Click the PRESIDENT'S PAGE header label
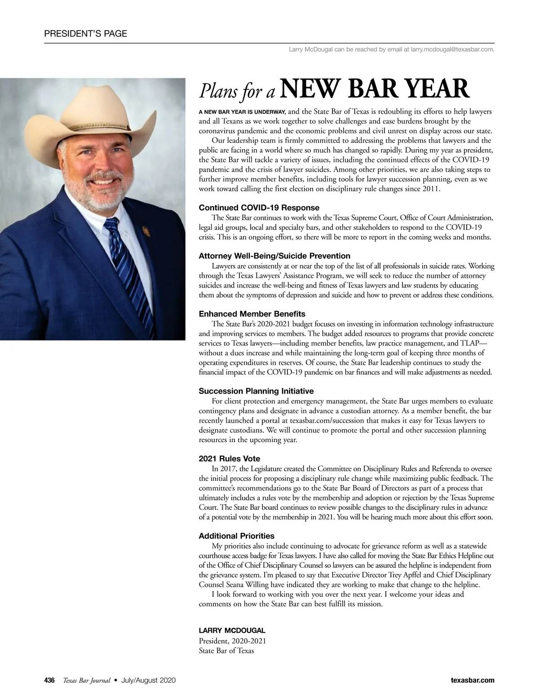(x=85, y=34)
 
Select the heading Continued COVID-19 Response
(x=259, y=208)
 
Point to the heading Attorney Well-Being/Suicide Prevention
(x=274, y=256)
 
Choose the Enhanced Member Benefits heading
(x=252, y=314)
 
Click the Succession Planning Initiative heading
(x=256, y=391)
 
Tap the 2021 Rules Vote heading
(x=229, y=459)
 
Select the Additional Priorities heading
(x=236, y=536)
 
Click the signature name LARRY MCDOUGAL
(x=232, y=630)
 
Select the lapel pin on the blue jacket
(x=145, y=230)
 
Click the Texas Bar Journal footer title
(x=86, y=680)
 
